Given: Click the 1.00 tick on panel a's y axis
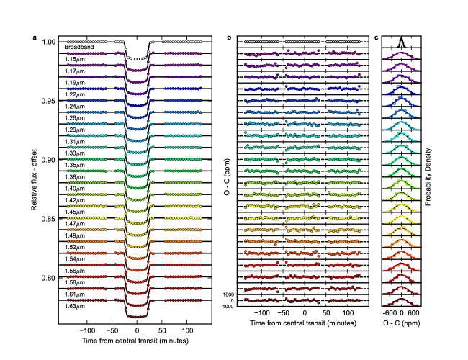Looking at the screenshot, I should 48,41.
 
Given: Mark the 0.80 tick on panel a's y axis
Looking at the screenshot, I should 48,277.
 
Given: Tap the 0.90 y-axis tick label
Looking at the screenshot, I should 48,159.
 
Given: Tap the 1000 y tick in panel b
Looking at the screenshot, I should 230,294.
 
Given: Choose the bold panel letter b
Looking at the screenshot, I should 229,36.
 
